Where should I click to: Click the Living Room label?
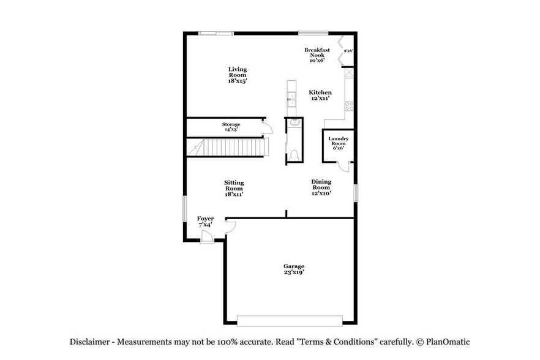click(238, 75)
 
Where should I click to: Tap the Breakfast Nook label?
click(317, 55)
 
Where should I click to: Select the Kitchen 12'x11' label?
click(320, 95)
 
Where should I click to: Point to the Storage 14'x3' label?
click(231, 127)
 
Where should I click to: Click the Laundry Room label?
click(338, 143)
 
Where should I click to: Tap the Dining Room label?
click(321, 187)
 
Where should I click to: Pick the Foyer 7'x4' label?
click(205, 222)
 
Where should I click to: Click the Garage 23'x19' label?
click(293, 269)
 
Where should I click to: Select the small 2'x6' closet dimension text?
click(349, 51)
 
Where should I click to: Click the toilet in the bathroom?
click(294, 154)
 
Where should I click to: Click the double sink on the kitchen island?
click(291, 98)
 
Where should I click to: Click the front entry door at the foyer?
click(207, 238)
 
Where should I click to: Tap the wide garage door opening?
click(290, 321)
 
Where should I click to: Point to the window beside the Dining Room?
click(354, 192)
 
